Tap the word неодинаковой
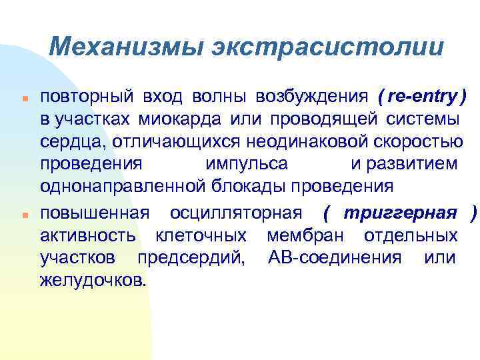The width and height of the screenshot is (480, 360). (x=301, y=142)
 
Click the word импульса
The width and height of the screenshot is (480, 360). (x=247, y=164)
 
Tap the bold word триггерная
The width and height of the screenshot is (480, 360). (x=400, y=214)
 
